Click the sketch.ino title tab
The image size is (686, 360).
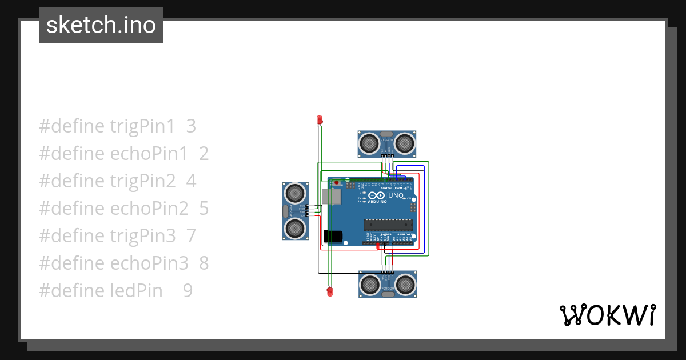pos(101,25)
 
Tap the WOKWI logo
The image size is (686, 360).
pos(607,315)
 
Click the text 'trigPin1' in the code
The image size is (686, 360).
pos(142,126)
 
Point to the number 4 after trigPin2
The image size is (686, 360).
pos(191,181)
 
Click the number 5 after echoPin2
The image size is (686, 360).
pos(204,209)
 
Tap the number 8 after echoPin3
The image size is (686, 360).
pos(204,263)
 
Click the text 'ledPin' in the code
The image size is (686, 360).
pos(136,291)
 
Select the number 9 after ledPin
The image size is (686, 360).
pos(188,291)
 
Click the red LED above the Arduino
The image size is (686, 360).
pos(320,119)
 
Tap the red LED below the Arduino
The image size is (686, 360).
pos(329,292)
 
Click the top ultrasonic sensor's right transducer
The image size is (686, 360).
pos(405,142)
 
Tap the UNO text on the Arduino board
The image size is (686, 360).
pos(396,195)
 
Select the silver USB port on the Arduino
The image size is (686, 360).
pos(331,196)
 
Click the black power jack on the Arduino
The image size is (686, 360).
pos(333,236)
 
